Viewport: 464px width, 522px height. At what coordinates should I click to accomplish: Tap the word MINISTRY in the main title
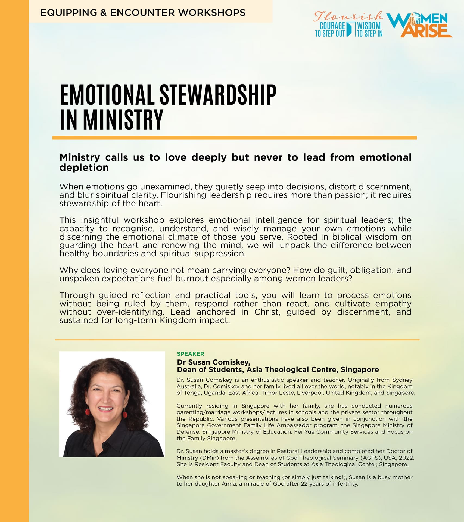[x=123, y=120]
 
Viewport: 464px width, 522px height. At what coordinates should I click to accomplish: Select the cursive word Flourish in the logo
[x=348, y=16]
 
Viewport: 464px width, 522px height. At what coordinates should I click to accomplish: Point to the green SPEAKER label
[x=190, y=354]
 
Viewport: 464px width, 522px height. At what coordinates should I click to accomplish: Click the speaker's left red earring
[x=88, y=411]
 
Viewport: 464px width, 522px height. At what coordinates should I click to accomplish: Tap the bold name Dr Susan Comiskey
[x=213, y=362]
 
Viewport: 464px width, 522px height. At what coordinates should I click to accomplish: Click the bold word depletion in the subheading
[x=84, y=168]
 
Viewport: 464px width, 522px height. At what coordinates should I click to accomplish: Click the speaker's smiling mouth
[x=105, y=408]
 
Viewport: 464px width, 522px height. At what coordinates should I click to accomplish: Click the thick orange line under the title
[x=234, y=138]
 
